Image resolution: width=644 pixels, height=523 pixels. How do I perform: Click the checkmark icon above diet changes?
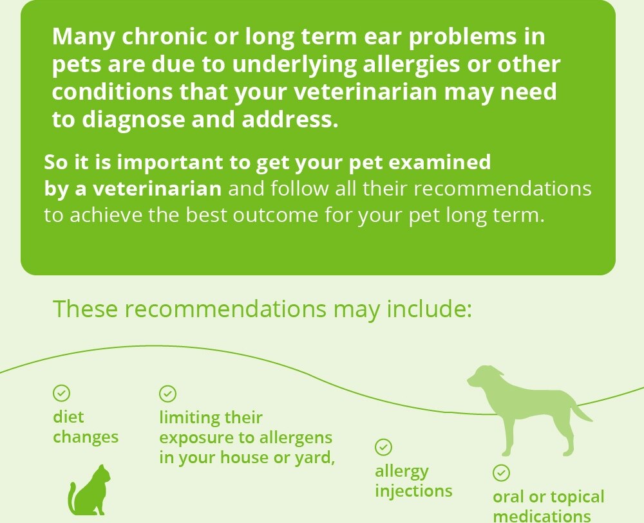tap(62, 393)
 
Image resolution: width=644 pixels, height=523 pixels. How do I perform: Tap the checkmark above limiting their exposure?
tap(167, 394)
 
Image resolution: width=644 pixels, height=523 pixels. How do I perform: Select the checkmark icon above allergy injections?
tap(384, 447)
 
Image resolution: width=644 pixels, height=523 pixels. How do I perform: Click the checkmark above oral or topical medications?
tap(501, 473)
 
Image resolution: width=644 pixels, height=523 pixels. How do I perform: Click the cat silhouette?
tap(90, 492)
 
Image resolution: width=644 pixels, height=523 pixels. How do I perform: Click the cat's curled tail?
tap(71, 499)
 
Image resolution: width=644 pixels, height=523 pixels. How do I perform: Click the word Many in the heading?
tap(84, 37)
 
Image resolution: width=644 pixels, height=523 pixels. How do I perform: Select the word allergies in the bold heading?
tap(412, 64)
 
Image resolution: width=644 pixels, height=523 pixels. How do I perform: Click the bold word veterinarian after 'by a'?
tap(157, 189)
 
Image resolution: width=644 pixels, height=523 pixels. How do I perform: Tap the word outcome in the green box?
tap(276, 215)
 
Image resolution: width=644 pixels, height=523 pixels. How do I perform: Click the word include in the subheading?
tap(430, 309)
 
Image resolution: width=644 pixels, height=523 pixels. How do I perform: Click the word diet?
tap(68, 417)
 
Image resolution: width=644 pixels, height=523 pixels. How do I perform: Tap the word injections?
tap(413, 491)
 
